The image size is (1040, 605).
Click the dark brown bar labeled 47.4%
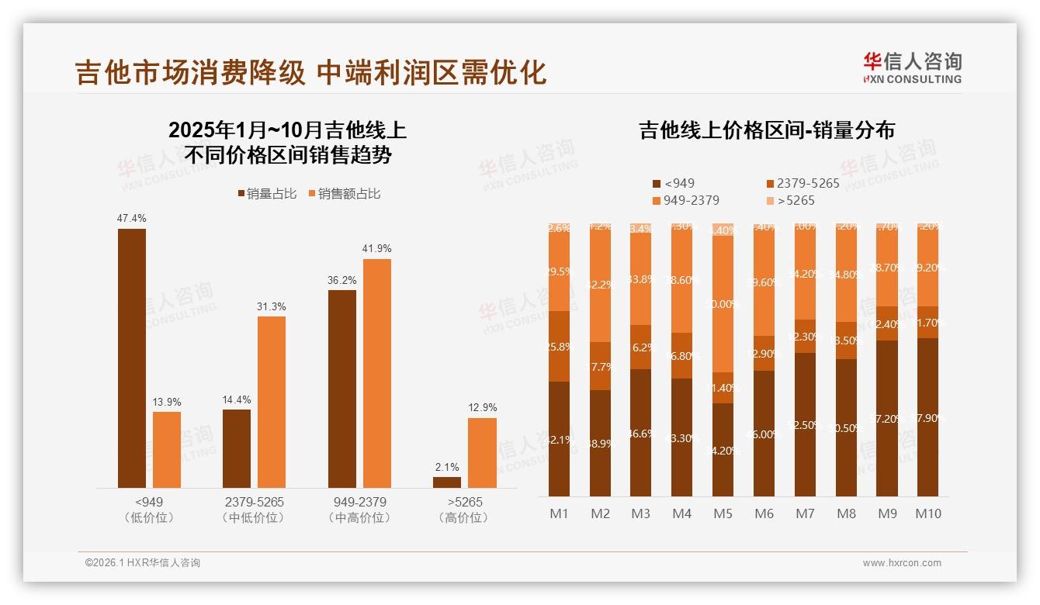point(131,358)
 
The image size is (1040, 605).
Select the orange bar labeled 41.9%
point(377,373)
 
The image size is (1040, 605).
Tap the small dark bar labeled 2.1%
point(447,482)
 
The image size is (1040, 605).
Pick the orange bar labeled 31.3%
point(272,402)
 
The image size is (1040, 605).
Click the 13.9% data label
point(167,402)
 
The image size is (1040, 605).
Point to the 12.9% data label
point(483,407)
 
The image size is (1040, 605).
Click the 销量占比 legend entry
point(267,194)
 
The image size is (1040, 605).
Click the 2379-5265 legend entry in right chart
point(803,184)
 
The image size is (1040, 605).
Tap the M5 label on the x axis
point(723,513)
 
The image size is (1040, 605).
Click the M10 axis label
point(927,513)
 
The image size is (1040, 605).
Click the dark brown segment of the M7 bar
point(806,424)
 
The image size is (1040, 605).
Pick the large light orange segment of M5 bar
point(723,305)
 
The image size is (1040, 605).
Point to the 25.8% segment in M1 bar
point(559,347)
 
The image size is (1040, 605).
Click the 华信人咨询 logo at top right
point(912,67)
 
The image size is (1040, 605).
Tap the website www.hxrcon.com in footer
point(901,563)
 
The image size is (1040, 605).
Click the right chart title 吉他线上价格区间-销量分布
point(767,130)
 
